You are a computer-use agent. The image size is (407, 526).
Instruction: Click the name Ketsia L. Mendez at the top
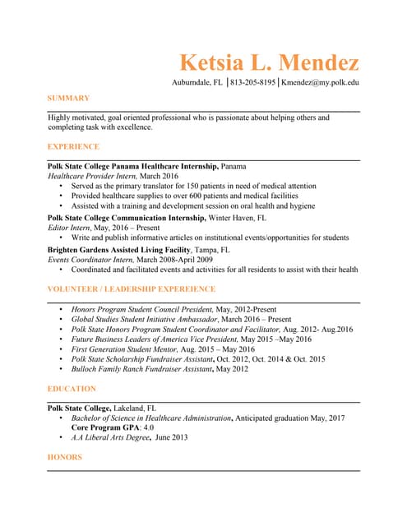(269, 63)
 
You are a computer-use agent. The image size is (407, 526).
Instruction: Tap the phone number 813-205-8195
(253, 83)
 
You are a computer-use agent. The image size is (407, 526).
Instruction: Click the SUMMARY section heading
(68, 99)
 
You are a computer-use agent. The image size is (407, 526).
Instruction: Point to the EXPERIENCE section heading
(73, 146)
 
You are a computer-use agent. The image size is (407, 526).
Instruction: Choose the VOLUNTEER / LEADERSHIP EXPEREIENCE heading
(131, 289)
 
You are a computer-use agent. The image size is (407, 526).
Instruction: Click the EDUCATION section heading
(72, 389)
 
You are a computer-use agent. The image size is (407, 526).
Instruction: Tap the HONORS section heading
(65, 457)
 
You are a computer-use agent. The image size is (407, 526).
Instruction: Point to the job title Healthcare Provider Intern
(90, 176)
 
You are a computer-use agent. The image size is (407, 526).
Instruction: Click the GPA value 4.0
(149, 428)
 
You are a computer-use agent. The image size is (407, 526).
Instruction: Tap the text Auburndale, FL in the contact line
(197, 83)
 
